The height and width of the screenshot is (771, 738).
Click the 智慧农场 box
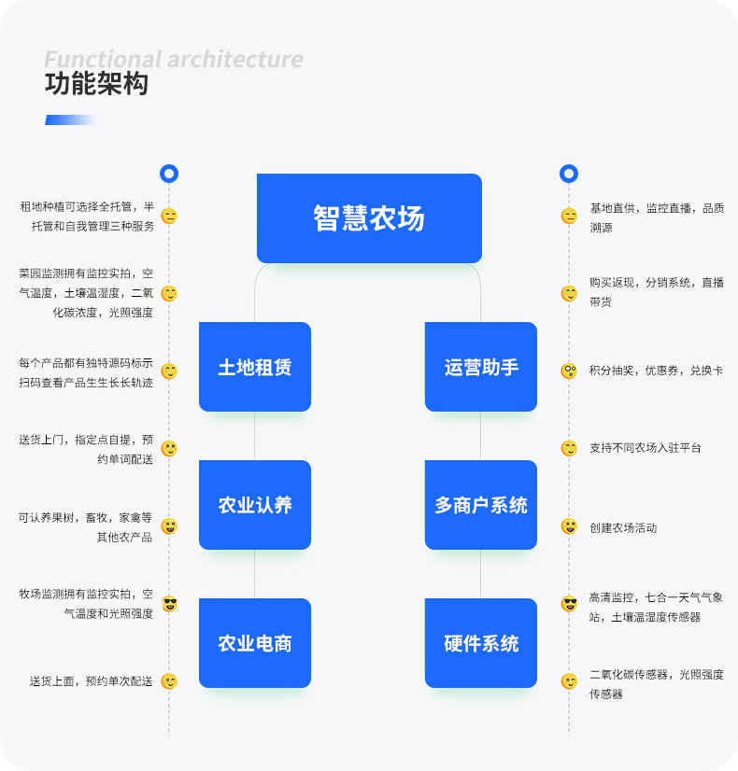369,217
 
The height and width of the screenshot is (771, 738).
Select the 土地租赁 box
255,367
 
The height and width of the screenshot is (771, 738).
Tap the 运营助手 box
481,367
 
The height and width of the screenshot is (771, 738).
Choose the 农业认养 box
255,505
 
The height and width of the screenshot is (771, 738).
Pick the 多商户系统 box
481,505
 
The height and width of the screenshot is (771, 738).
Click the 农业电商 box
255,643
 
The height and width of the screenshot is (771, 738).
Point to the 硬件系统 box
481,643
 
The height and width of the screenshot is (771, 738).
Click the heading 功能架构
96,85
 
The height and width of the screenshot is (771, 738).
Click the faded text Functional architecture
174,60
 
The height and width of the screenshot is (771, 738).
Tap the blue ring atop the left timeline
169,174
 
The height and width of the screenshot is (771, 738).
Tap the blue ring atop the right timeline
569,174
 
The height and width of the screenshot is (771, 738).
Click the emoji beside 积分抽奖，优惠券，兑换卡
569,371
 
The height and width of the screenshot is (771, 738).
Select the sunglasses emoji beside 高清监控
569,604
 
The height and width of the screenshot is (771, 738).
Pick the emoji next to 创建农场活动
569,526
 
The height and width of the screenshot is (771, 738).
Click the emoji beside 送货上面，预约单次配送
169,681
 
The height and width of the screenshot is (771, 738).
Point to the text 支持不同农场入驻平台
645,448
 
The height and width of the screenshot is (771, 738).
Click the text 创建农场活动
623,527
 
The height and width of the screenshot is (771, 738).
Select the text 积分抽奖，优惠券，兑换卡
656,371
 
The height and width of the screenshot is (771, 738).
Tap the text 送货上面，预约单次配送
91,681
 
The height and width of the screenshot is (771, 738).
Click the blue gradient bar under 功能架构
72,119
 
